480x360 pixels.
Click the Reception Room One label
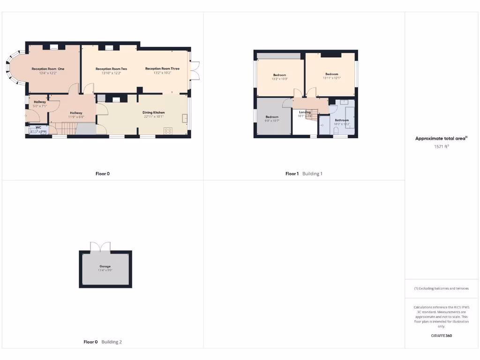tap(48, 69)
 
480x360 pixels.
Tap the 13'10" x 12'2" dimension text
tap(111, 73)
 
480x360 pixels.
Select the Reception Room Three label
tap(162, 68)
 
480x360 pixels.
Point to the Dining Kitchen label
tap(154, 112)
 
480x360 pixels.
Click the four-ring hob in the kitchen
tap(168, 130)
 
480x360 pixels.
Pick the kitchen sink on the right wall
tap(185, 118)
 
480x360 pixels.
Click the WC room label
tap(38, 127)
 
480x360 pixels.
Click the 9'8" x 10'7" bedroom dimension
tap(272, 121)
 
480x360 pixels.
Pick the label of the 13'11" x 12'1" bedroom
tap(332, 74)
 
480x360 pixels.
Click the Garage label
tap(105, 266)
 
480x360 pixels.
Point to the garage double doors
tap(101, 246)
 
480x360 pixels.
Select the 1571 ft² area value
tap(441, 146)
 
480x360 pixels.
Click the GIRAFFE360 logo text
tap(441, 336)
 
